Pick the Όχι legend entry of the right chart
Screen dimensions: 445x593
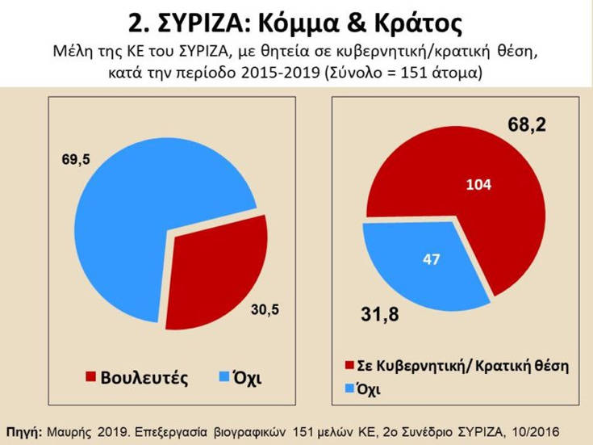368,388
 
